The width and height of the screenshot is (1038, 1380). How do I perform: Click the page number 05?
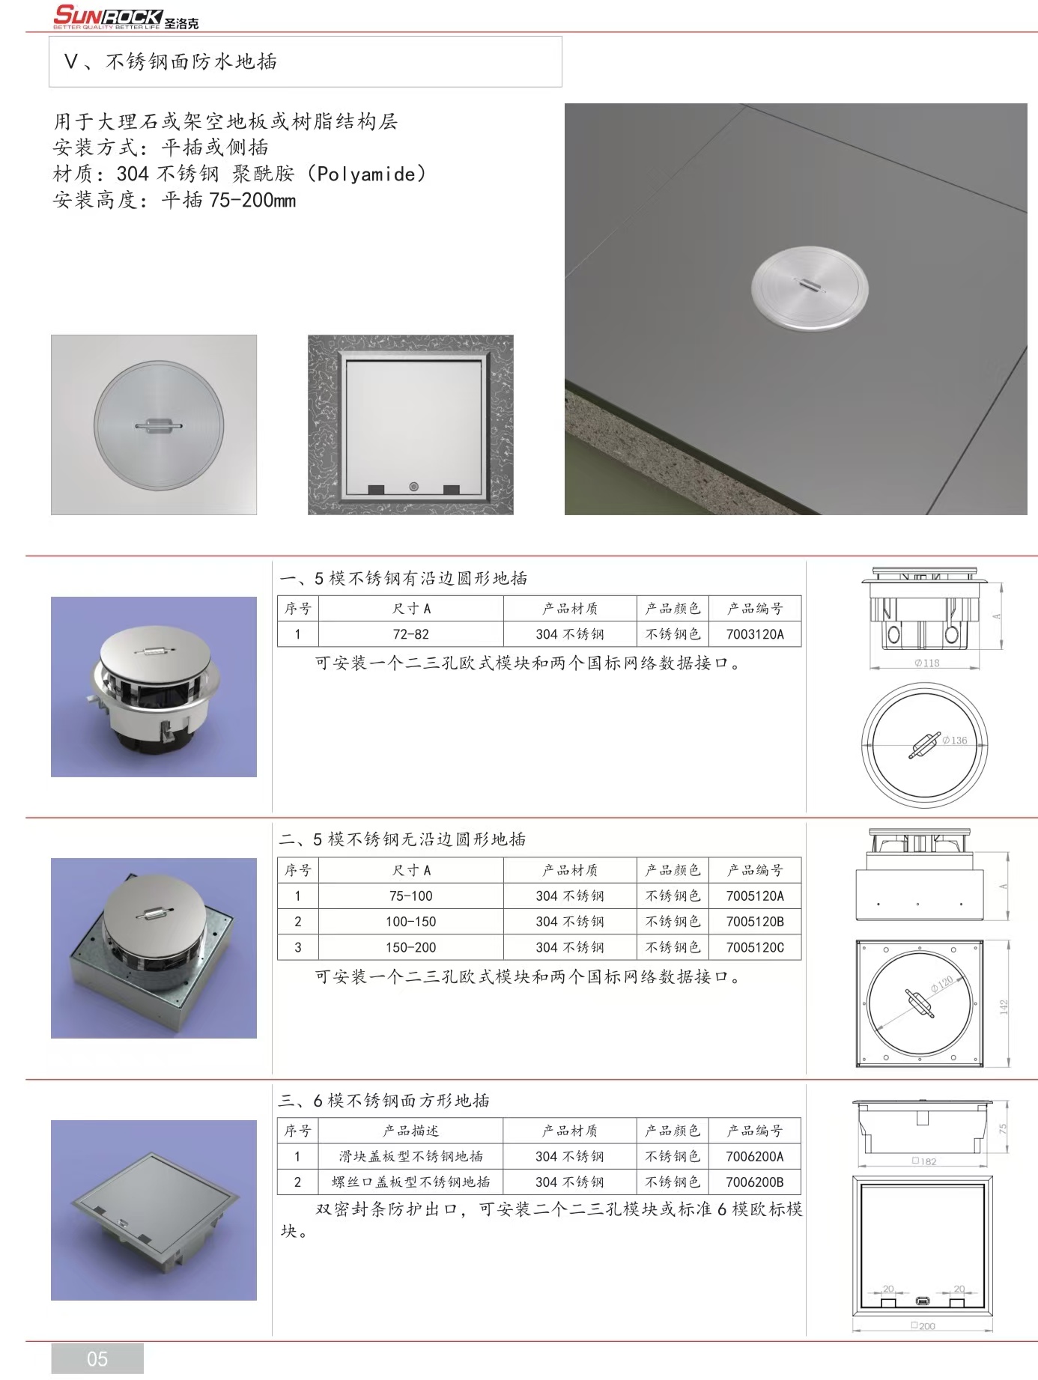point(97,1358)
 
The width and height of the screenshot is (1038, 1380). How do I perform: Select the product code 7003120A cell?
point(755,634)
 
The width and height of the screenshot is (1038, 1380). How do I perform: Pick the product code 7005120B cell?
point(755,922)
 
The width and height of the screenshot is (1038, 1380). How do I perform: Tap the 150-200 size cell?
point(411,947)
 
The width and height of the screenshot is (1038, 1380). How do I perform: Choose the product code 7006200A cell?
point(755,1156)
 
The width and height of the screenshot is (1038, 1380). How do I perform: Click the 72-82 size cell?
point(411,634)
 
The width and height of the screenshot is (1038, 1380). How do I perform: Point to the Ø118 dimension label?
point(926,663)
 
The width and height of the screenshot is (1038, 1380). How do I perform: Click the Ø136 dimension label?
point(955,740)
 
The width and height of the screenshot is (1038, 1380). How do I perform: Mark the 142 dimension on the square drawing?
point(1004,1007)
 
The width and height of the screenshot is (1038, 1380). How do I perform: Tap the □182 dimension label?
point(924,1161)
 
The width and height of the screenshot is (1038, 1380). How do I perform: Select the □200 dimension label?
point(923,1325)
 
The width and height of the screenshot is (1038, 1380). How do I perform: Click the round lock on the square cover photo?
point(413,487)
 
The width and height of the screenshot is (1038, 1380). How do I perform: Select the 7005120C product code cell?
point(755,947)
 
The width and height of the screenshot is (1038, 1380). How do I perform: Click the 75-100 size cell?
point(411,896)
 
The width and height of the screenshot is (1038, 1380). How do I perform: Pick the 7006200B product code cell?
point(755,1182)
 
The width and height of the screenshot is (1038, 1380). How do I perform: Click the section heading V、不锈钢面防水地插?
point(171,61)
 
